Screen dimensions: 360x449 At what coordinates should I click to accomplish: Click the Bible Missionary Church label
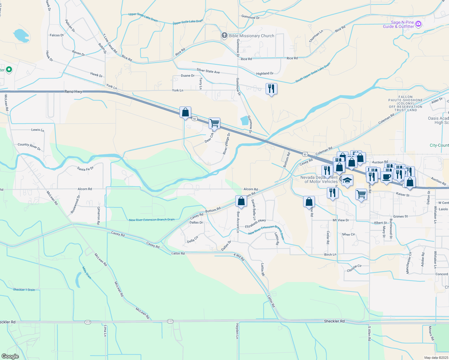click(252, 36)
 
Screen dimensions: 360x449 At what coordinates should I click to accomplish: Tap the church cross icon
click(224, 36)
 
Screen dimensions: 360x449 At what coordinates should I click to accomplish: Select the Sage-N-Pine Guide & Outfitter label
click(399, 24)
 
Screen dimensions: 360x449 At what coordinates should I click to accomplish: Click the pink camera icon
click(418, 24)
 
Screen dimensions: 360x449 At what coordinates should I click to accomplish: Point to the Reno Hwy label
click(73, 91)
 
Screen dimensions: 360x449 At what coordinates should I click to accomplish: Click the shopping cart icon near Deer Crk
click(214, 123)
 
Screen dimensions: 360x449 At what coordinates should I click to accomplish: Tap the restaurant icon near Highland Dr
click(271, 89)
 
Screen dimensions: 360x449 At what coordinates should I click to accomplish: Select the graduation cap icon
click(347, 180)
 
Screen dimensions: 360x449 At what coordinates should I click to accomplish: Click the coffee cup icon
click(387, 177)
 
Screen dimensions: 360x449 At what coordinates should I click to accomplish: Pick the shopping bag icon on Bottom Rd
click(241, 201)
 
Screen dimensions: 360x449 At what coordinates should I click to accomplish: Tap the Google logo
click(10, 356)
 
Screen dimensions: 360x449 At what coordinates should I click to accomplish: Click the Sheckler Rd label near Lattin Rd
click(334, 321)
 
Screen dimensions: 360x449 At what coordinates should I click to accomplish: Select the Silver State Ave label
click(208, 71)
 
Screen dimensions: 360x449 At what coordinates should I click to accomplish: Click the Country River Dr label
click(29, 146)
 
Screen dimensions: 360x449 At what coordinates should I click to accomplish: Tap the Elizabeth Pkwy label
click(255, 224)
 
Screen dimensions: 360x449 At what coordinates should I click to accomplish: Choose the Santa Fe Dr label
click(86, 169)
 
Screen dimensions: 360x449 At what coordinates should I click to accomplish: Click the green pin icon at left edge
click(9, 70)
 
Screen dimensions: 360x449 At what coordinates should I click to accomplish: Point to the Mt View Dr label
click(341, 220)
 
